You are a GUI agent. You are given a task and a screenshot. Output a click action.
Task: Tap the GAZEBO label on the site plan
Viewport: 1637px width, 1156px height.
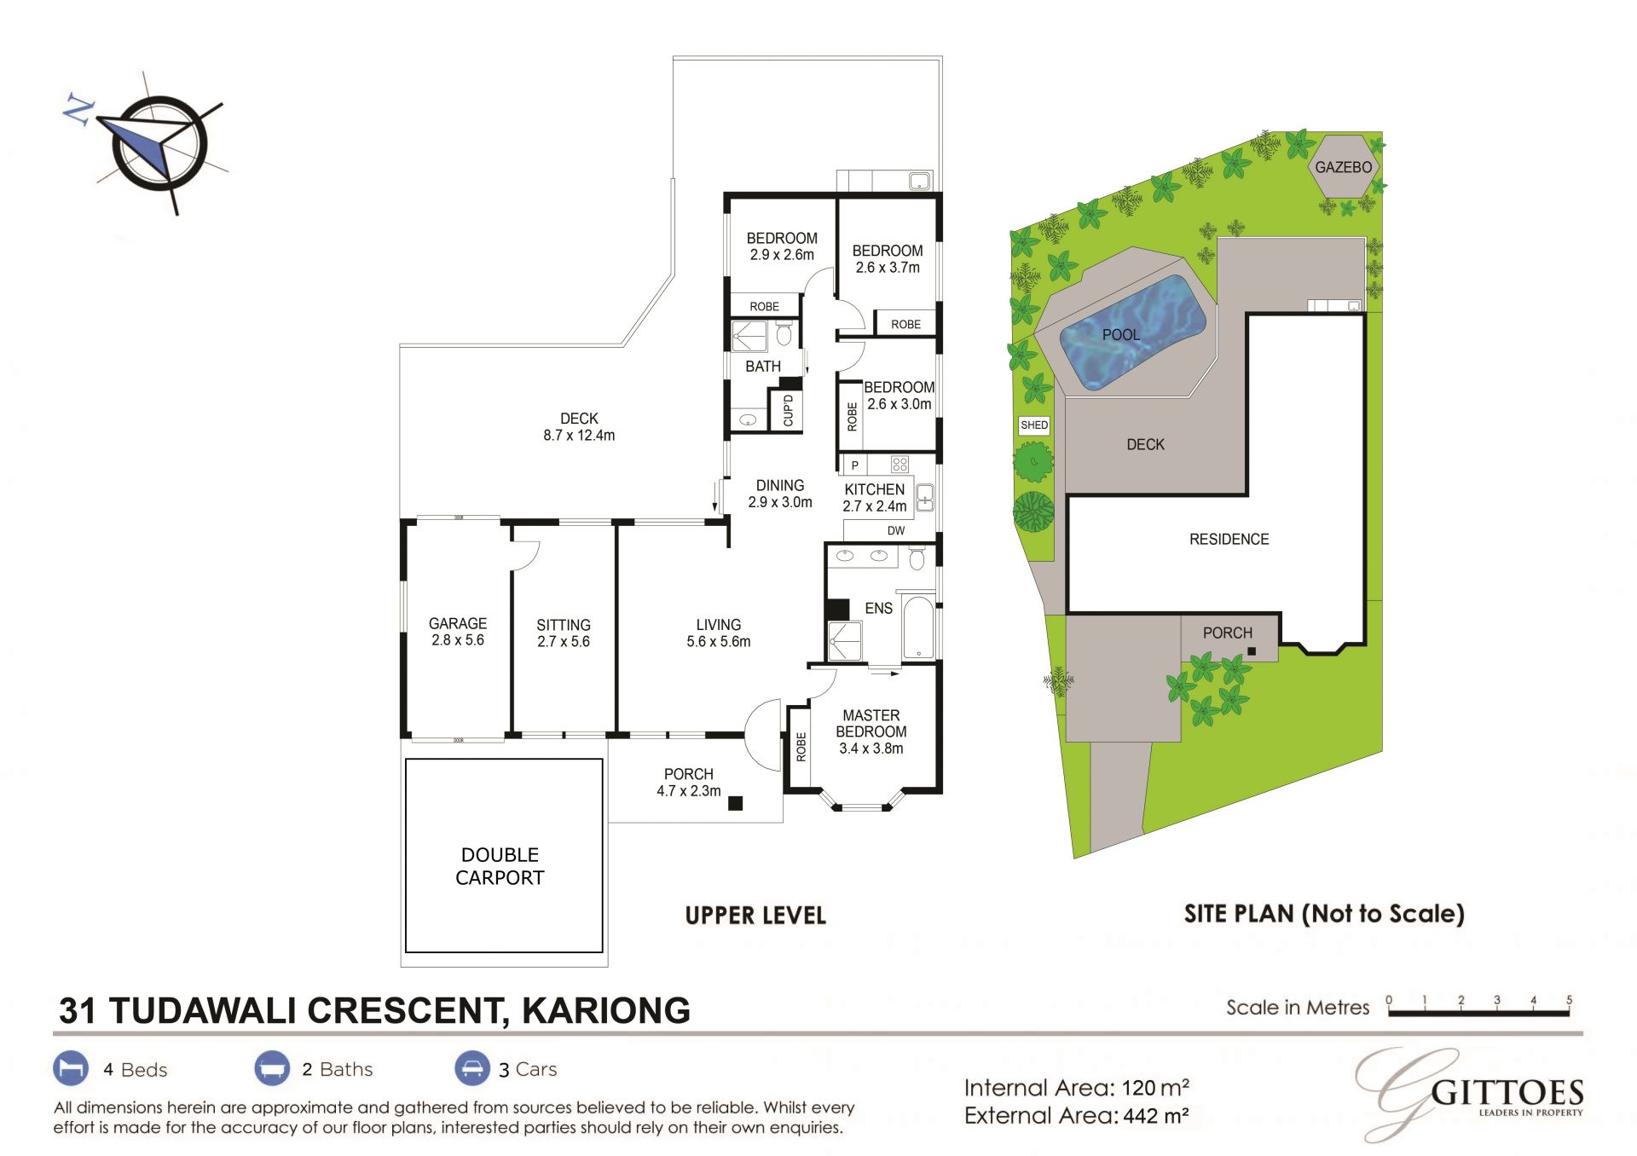point(1343,167)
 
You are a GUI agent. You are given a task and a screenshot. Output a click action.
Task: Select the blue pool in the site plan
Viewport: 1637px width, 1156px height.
point(1132,332)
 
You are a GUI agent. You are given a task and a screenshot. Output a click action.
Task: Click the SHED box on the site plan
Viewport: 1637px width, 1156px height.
point(1034,425)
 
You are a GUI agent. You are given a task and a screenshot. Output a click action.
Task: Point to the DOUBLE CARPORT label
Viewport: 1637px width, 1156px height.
point(500,866)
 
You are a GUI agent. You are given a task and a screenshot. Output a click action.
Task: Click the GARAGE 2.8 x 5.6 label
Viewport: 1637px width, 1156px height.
point(458,632)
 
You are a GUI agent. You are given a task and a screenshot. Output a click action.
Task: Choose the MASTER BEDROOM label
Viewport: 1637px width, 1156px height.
point(871,724)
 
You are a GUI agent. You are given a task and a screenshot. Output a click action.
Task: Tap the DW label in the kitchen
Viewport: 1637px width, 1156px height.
point(896,530)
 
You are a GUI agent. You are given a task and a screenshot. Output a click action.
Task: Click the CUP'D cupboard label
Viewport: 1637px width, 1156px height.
point(788,410)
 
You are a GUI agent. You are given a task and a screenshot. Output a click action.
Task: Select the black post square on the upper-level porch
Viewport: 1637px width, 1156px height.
point(735,803)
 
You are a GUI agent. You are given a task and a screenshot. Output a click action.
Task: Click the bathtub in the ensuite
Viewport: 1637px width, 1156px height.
point(918,627)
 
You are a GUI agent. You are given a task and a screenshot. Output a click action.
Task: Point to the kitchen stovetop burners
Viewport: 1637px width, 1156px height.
point(899,465)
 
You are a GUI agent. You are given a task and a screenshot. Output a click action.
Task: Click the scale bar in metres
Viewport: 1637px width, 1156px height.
point(1478,1013)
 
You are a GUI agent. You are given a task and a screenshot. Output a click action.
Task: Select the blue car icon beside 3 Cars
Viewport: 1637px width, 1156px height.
point(471,1068)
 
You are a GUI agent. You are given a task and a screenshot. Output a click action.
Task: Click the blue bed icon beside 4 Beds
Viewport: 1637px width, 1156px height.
point(71,1068)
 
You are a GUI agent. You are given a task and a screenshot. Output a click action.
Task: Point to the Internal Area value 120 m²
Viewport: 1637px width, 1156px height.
point(1155,1088)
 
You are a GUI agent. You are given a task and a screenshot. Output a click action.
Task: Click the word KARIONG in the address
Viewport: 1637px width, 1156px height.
point(606,1010)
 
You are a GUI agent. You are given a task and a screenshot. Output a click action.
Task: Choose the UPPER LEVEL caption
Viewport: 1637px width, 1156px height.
point(755,916)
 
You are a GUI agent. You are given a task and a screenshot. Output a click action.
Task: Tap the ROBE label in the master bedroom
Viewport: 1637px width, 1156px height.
point(801,747)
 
